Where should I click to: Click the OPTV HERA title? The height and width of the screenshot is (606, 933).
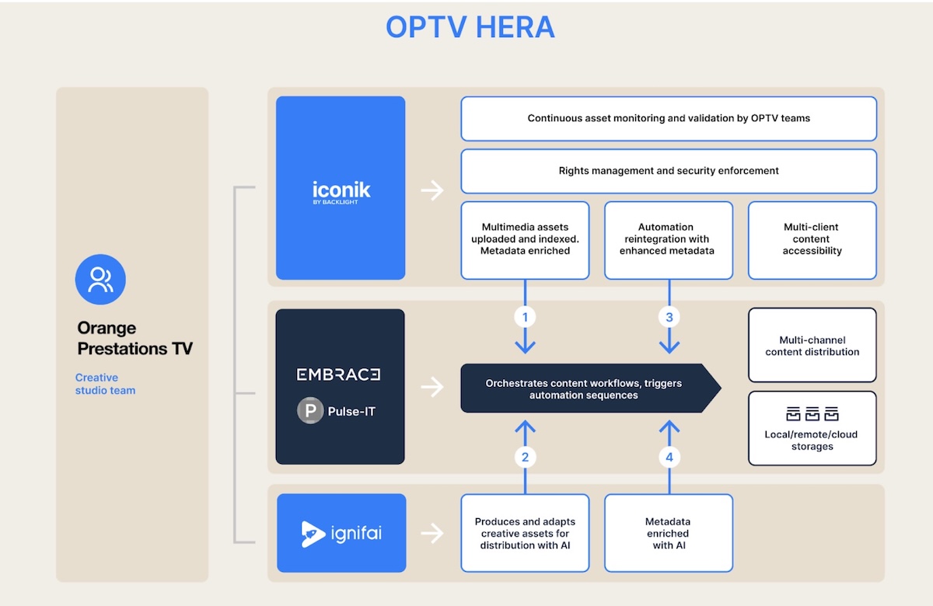click(470, 27)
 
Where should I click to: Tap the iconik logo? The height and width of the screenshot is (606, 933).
click(341, 191)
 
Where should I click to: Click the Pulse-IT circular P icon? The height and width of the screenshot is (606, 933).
click(310, 411)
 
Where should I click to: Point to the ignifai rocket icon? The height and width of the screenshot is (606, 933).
click(313, 534)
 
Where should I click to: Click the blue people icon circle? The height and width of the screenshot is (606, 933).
click(100, 279)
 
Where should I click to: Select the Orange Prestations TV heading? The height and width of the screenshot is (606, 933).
click(134, 338)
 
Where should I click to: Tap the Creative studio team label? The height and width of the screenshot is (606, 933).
click(105, 384)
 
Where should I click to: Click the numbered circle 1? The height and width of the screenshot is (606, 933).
click(526, 317)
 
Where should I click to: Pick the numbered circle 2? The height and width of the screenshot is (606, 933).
click(526, 458)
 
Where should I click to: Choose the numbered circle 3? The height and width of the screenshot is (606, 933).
click(669, 317)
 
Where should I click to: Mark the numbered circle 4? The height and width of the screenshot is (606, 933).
click(669, 458)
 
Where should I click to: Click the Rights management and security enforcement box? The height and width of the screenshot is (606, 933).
click(669, 171)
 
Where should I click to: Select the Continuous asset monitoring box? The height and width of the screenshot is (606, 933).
click(669, 119)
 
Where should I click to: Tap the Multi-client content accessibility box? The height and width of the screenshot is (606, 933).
click(812, 239)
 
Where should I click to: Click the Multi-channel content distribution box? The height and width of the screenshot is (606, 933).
click(812, 346)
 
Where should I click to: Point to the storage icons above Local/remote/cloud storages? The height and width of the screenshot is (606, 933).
click(812, 413)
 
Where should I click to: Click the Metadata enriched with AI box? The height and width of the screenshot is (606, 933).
click(668, 533)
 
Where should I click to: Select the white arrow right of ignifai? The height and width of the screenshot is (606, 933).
click(432, 533)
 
